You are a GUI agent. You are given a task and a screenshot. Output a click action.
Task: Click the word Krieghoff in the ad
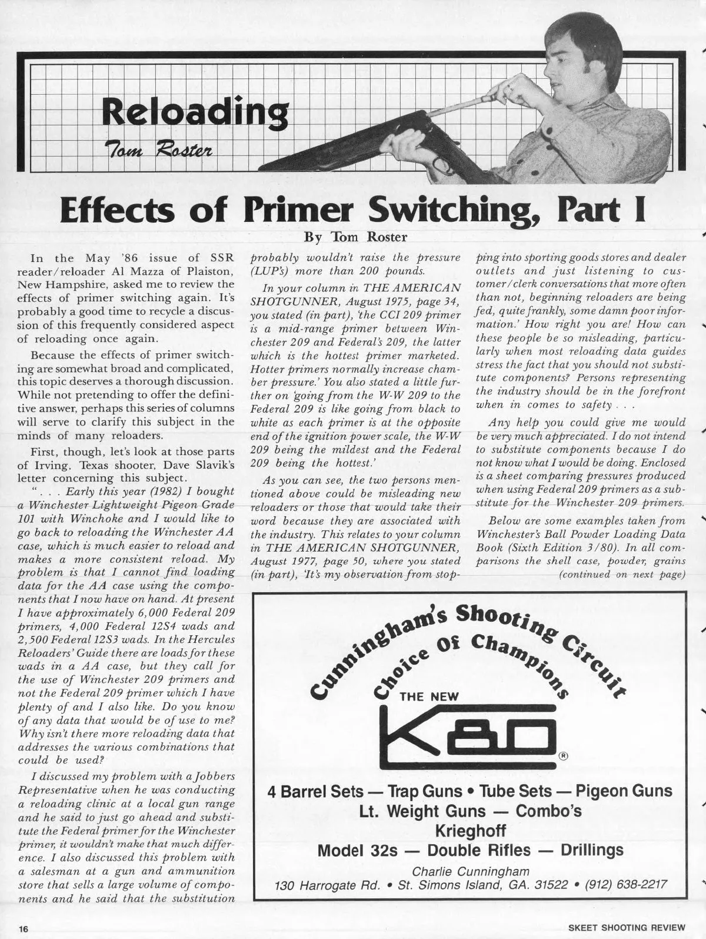pyautogui.click(x=470, y=831)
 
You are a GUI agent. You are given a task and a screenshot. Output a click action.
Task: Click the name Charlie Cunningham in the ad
pyautogui.click(x=470, y=871)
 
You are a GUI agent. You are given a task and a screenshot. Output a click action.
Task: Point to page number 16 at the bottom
pyautogui.click(x=23, y=928)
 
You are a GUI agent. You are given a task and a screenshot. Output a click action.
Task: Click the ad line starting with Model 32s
pyautogui.click(x=470, y=851)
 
